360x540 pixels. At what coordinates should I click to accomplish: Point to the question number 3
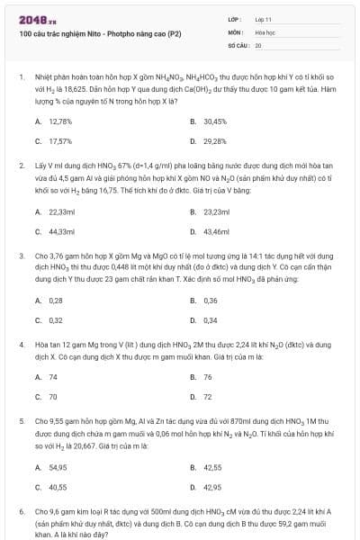pos(21,256)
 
